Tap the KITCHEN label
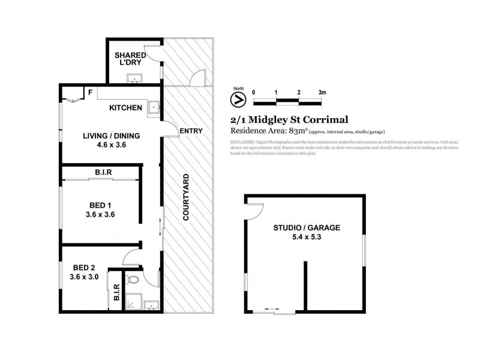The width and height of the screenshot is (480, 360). [125, 108]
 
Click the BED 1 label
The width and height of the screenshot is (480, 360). [100, 203]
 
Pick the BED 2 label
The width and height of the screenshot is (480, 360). [83, 268]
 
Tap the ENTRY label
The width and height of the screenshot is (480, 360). [191, 131]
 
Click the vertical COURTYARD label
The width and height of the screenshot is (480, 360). [187, 197]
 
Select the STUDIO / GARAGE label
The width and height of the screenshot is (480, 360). [307, 228]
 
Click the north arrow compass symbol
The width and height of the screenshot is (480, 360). [238, 98]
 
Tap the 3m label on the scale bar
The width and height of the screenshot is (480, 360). [322, 92]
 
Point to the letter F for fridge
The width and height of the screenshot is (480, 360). [90, 93]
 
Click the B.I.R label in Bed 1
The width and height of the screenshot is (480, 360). [100, 173]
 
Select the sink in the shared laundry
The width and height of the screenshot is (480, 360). [133, 77]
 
